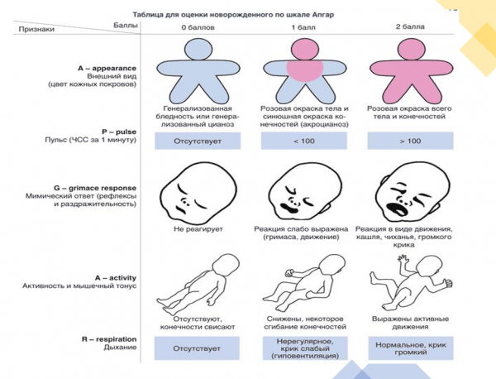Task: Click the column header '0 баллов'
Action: pyautogui.click(x=198, y=29)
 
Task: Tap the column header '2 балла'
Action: pyautogui.click(x=410, y=29)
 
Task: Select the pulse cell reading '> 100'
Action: pyautogui.click(x=410, y=142)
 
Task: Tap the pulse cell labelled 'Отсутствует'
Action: pyautogui.click(x=198, y=142)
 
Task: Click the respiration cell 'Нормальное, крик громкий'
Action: pyautogui.click(x=410, y=348)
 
